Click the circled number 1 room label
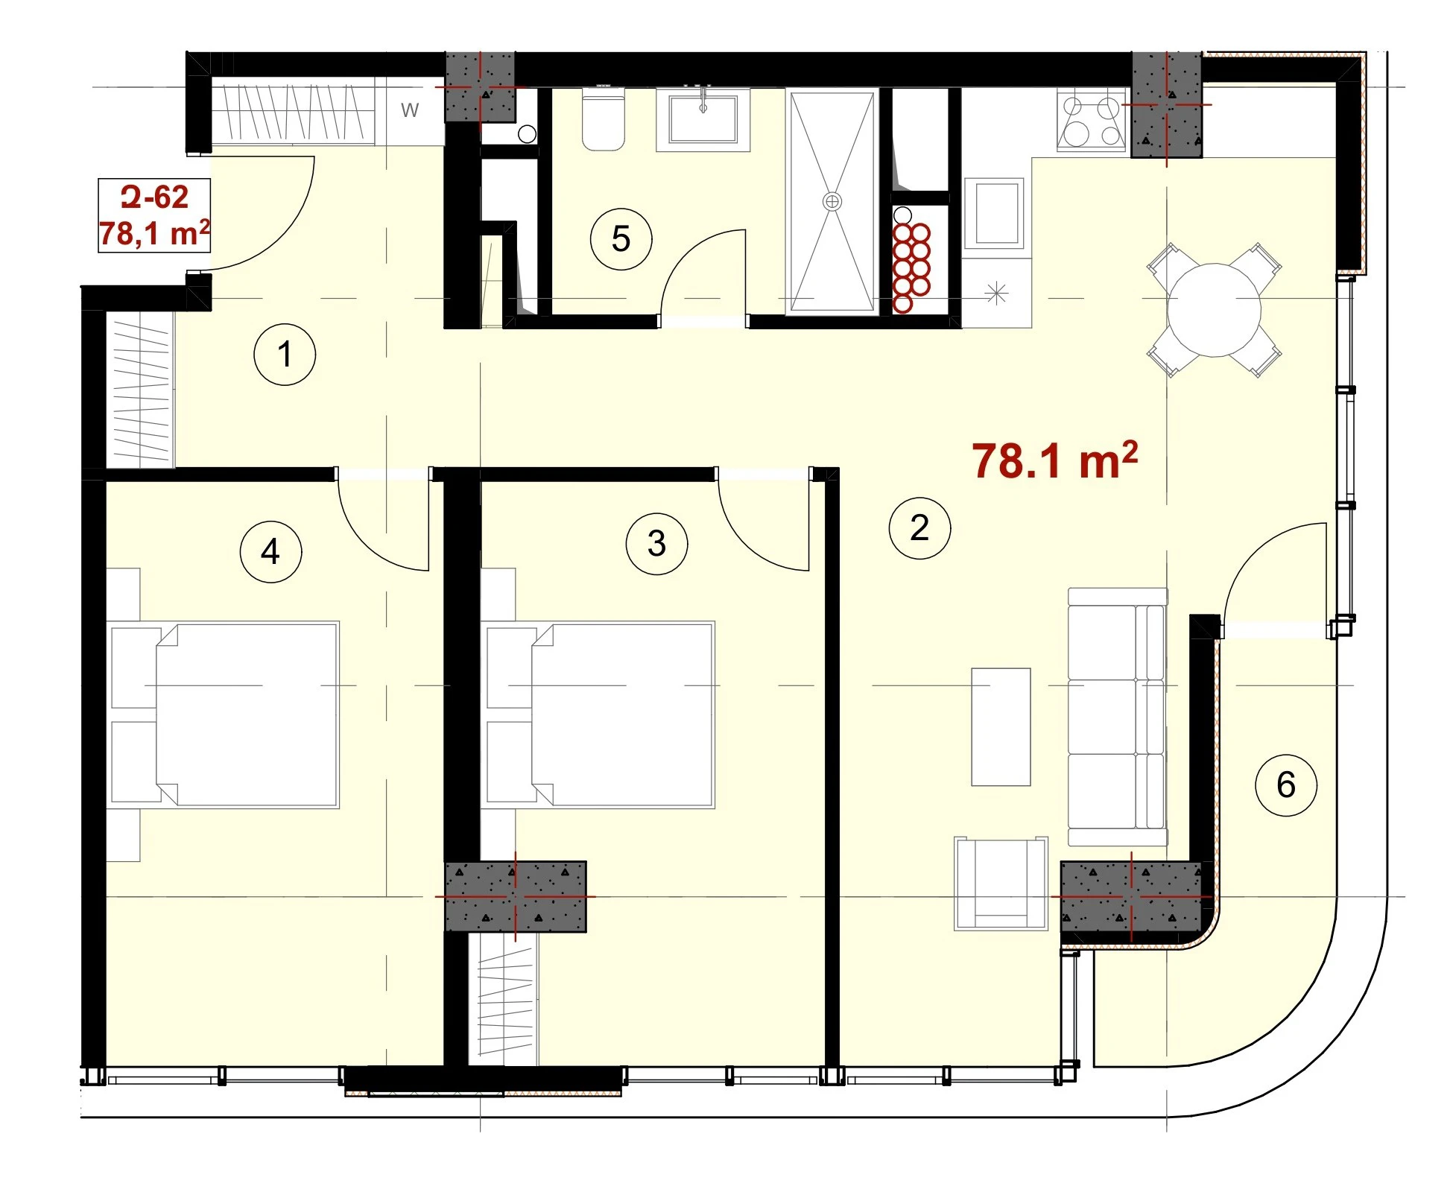pyautogui.click(x=285, y=354)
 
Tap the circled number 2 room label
pyautogui.click(x=919, y=528)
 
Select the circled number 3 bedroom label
pyautogui.click(x=656, y=543)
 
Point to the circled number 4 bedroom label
pyautogui.click(x=270, y=551)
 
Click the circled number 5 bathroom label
pyautogui.click(x=621, y=239)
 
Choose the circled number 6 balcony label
pyautogui.click(x=1286, y=784)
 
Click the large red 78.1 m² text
pyautogui.click(x=1054, y=460)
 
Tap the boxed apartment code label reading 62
pyautogui.click(x=154, y=215)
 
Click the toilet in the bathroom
pyautogui.click(x=603, y=119)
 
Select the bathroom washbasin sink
pyautogui.click(x=703, y=119)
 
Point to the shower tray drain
pyautogui.click(x=832, y=201)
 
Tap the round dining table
pyautogui.click(x=1214, y=310)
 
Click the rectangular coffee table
pyautogui.click(x=1001, y=726)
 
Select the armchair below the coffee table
pyautogui.click(x=1001, y=884)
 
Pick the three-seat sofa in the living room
pyautogui.click(x=1117, y=717)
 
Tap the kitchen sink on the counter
pyautogui.click(x=994, y=212)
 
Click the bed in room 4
pyautogui.click(x=224, y=714)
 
